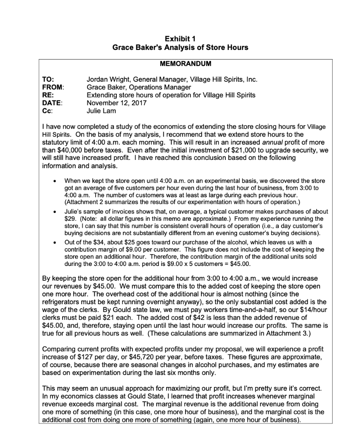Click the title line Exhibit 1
click(180, 39)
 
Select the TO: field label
click(47, 80)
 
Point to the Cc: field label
click(47, 111)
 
